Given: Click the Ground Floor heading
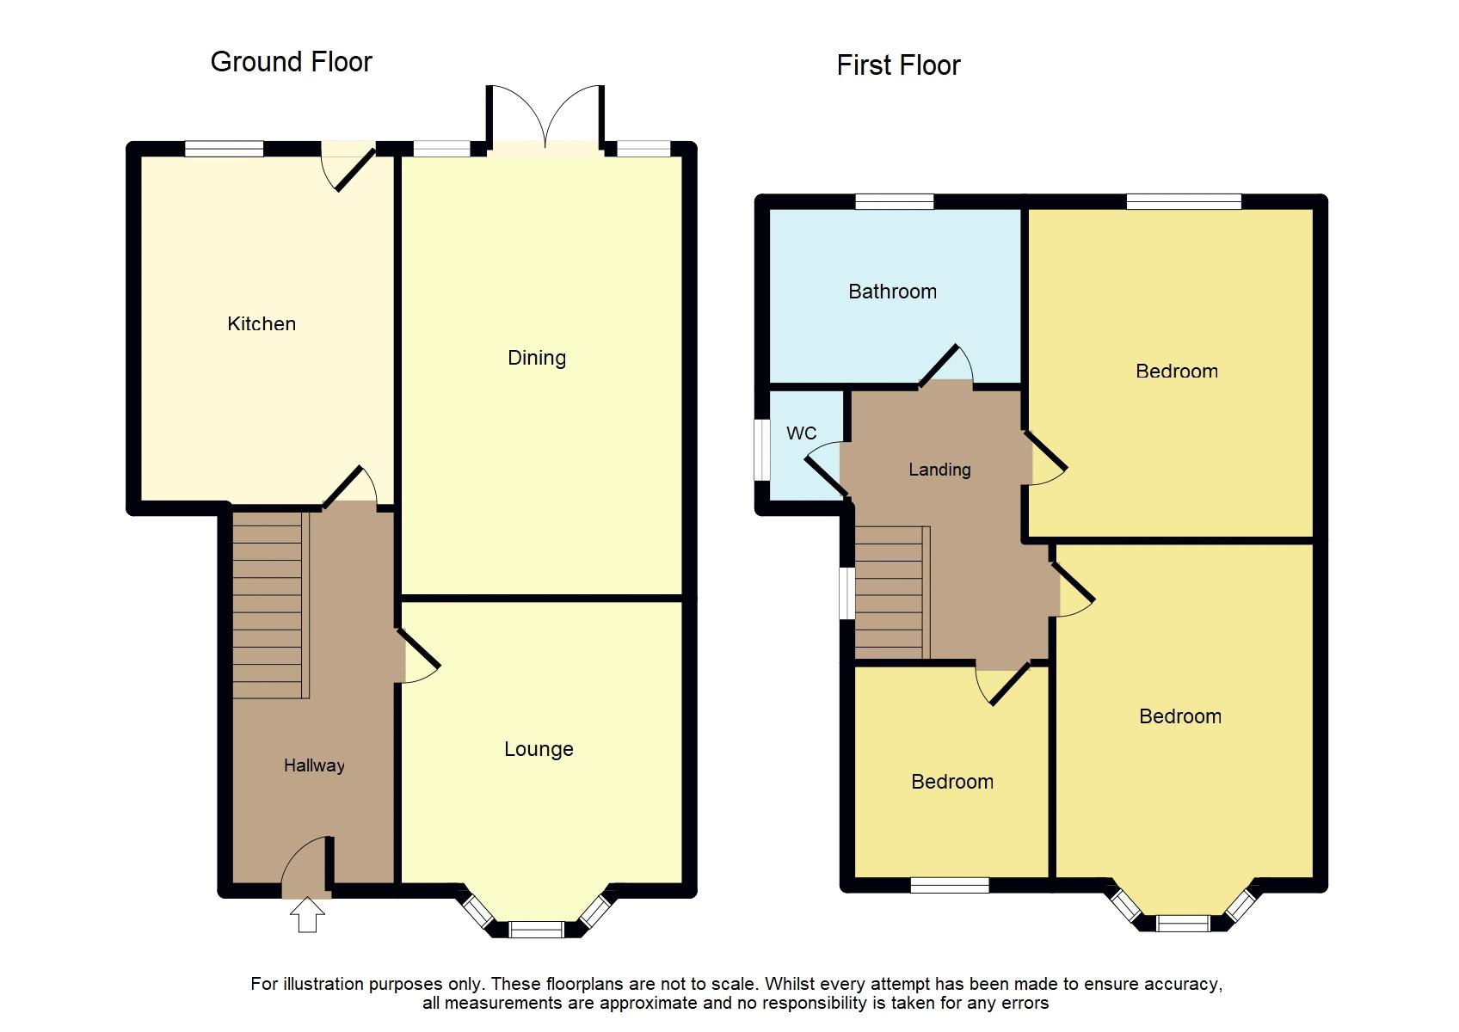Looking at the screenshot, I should click(x=291, y=62).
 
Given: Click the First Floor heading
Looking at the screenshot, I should click(x=898, y=65).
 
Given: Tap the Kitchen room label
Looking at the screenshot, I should click(x=262, y=324).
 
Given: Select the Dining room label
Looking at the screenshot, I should click(x=537, y=358).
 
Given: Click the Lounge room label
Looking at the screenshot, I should click(x=539, y=749).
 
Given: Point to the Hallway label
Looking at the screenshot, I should click(x=314, y=765).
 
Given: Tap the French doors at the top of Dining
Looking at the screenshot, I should click(x=545, y=120).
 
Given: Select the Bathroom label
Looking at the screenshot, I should click(x=892, y=292).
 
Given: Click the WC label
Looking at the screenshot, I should click(x=801, y=433).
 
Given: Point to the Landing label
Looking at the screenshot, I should click(x=939, y=470).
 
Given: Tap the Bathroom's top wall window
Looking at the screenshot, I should click(x=895, y=202).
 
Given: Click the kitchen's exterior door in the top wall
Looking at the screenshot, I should click(x=348, y=163).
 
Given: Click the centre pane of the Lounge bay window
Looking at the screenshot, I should click(x=536, y=930).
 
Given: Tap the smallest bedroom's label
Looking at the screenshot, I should click(x=952, y=782).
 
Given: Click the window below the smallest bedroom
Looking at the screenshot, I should click(x=950, y=885).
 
